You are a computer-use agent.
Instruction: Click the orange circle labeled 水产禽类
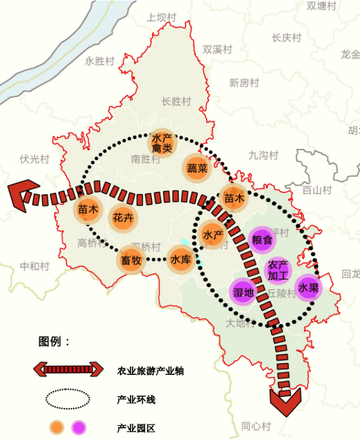161,143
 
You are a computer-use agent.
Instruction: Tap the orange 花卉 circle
123,217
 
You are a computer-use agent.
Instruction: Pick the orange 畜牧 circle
131,261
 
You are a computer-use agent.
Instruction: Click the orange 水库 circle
181,260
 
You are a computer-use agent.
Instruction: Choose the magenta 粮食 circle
262,239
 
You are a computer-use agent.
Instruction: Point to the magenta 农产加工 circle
278,270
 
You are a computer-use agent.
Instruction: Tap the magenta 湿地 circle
244,292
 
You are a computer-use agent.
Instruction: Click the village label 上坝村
161,17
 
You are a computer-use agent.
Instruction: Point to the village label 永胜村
100,61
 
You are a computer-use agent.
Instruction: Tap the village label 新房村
244,83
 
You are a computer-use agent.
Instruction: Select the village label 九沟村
263,155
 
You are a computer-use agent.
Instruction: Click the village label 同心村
256,425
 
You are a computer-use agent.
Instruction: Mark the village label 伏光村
34,159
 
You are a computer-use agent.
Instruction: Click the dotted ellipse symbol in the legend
67,400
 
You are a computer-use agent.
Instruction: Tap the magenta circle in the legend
78,428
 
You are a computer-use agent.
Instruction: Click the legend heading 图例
54,341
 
